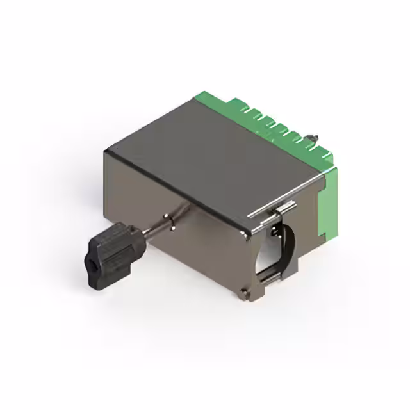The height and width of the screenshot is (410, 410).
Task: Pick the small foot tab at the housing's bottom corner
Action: click(245, 293)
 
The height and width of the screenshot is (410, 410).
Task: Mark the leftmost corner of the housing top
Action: click(108, 151)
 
